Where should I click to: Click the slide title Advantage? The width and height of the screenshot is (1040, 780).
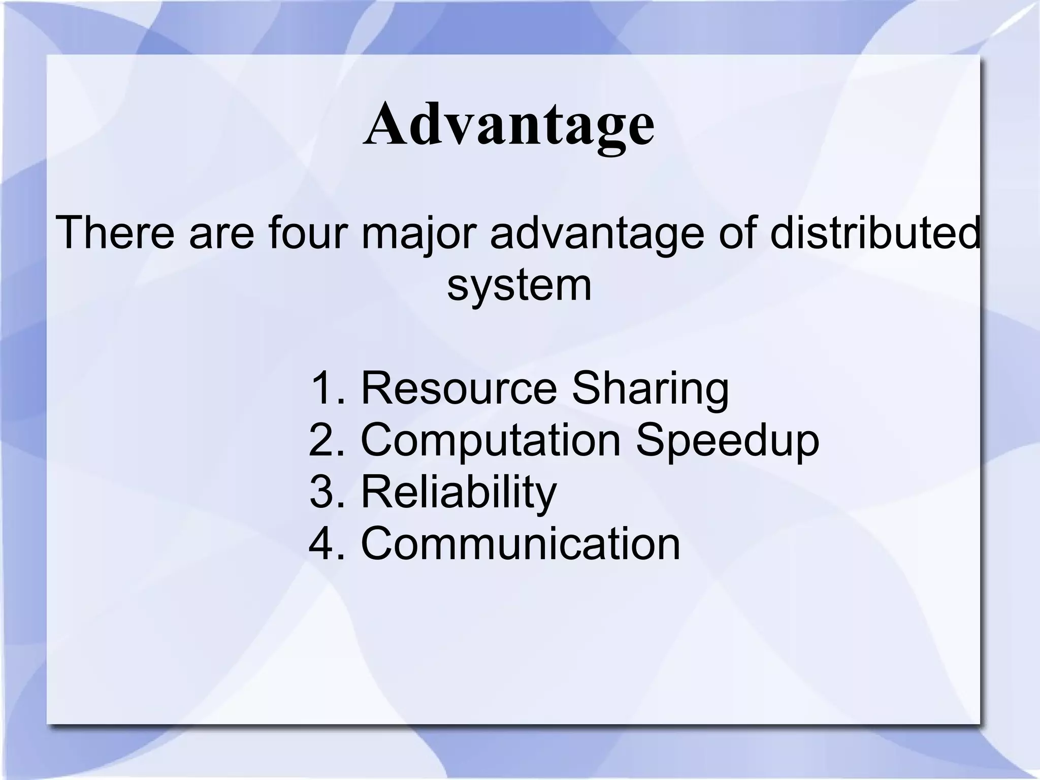(x=509, y=124)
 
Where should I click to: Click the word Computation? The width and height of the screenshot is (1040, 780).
(x=491, y=441)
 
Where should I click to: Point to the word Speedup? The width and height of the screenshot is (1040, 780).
(x=727, y=441)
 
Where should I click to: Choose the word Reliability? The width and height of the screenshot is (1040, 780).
(x=459, y=493)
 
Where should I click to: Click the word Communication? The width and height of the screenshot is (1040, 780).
(x=520, y=544)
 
